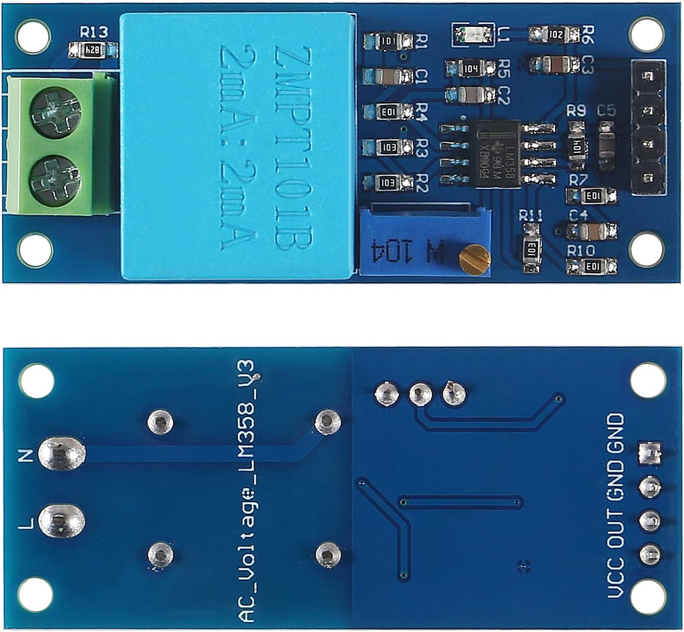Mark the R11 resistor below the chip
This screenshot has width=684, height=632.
[x=531, y=248]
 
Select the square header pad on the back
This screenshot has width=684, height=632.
[x=650, y=452]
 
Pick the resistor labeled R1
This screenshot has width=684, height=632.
[x=388, y=41]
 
